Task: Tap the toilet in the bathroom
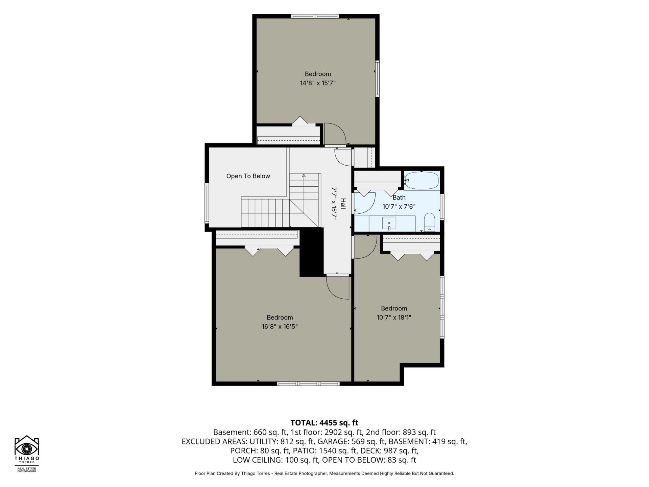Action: tap(429, 222)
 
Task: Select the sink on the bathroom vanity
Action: tap(389, 223)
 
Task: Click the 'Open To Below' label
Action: tap(248, 176)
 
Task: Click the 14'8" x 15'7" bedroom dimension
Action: tap(318, 83)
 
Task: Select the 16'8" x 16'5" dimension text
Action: tap(280, 327)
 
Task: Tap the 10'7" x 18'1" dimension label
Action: tap(394, 318)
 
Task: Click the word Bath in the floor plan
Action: tap(399, 198)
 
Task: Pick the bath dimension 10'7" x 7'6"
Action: tap(399, 207)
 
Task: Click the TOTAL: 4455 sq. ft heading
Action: tap(324, 423)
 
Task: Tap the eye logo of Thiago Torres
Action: tap(27, 448)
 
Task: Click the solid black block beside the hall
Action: tap(312, 252)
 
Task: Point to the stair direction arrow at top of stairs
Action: tap(304, 176)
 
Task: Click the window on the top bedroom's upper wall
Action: tap(315, 16)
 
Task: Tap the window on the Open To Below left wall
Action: tap(207, 203)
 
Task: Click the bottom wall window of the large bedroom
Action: tap(308, 384)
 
